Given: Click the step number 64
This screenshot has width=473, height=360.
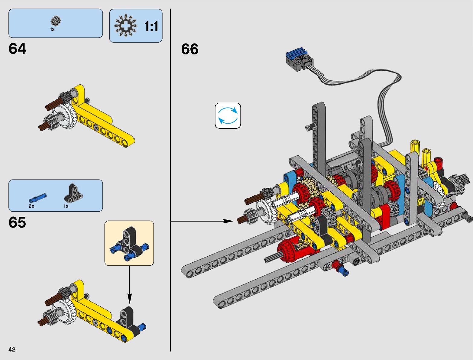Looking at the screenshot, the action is pos(17,49).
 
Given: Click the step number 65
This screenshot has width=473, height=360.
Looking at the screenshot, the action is pos(17,222).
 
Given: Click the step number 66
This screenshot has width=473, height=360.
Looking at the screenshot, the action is pos(190,49).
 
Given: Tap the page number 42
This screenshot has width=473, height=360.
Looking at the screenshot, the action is pos(12,349).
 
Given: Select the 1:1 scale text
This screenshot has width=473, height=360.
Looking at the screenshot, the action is pos(151,27).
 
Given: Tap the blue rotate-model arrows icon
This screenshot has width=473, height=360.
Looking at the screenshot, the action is pos(228,116).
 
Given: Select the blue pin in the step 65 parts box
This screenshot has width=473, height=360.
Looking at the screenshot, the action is pos(38,198).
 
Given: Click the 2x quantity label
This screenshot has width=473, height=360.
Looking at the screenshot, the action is pos(31,206).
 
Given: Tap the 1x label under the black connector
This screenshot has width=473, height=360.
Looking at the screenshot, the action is pos(66,206).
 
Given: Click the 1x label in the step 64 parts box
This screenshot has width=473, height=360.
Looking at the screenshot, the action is pos(52,29).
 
